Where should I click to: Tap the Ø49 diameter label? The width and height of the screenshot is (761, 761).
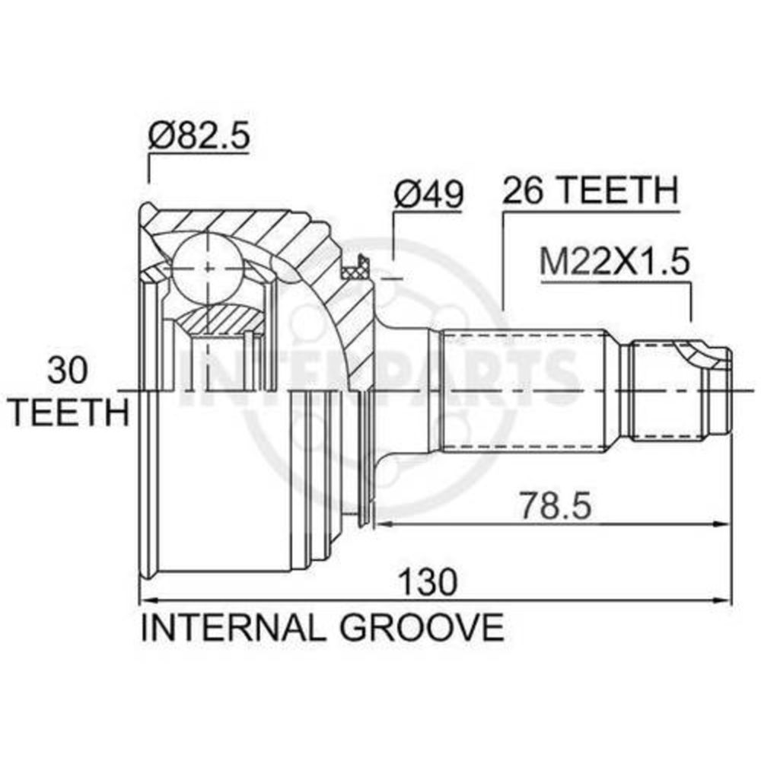428,194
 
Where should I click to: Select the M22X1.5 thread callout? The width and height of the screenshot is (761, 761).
614,262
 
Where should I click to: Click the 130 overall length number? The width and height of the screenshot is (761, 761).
428,582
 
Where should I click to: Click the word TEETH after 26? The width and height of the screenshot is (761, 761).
617,190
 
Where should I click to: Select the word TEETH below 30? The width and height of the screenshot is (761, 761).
69,412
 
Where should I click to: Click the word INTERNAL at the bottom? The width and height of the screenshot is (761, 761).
231,628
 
